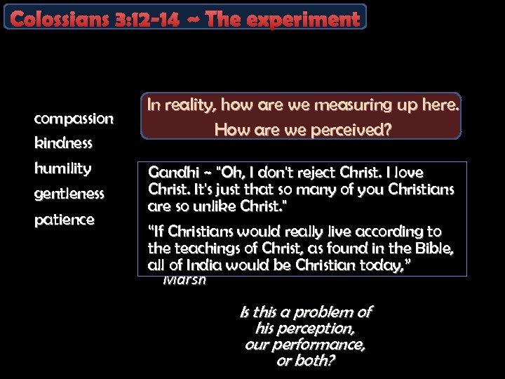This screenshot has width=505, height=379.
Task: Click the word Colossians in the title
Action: (56, 19)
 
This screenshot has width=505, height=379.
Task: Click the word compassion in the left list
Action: (73, 119)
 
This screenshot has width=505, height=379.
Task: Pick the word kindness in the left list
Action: (63, 144)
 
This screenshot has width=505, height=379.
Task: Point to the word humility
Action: (62, 168)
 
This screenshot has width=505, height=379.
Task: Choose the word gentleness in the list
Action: (69, 193)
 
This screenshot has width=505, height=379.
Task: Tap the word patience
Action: (64, 220)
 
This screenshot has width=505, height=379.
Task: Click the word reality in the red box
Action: (189, 105)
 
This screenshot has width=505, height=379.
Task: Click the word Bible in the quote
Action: (432, 248)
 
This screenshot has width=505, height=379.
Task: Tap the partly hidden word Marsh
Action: (184, 280)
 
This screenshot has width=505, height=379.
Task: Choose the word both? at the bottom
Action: (315, 361)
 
